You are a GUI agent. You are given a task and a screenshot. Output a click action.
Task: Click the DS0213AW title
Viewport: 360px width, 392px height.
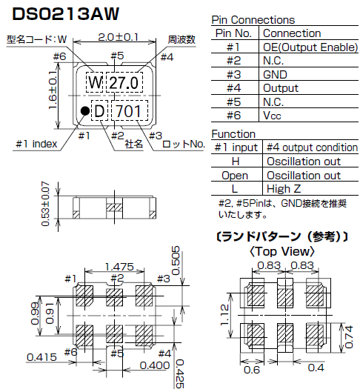pos(66,13)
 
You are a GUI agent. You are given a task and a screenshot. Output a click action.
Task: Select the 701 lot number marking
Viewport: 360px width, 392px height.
pos(129,111)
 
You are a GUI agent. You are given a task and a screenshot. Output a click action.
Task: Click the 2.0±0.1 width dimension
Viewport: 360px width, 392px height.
pos(117,36)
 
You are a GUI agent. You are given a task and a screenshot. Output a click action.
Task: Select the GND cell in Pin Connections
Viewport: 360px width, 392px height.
pos(276,75)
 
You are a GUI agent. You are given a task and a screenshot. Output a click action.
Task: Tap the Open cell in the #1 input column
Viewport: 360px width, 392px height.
pos(235,175)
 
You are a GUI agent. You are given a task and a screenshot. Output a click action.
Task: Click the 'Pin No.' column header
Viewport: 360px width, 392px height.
pos(235,33)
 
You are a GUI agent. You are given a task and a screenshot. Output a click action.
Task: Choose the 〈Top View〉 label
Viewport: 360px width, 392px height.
pos(283,252)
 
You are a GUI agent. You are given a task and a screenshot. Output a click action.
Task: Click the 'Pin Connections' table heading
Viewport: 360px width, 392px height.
pos(253,20)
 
